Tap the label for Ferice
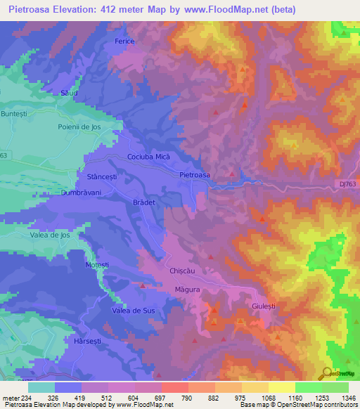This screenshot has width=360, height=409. click(x=124, y=41)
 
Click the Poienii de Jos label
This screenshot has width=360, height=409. click(x=81, y=126)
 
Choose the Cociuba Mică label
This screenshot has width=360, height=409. click(x=148, y=157)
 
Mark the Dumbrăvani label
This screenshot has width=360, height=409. click(x=82, y=192)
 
